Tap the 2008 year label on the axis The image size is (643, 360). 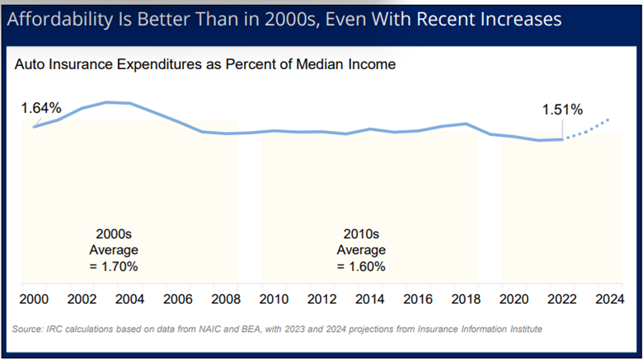[225, 298]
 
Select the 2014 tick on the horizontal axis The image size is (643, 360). [368, 298]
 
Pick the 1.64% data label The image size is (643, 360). [41, 108]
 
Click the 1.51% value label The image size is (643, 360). [562, 110]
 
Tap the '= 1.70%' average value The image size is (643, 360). [114, 266]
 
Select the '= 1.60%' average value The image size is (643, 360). [360, 266]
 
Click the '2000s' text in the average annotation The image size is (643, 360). [114, 233]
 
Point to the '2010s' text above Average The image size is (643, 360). [360, 233]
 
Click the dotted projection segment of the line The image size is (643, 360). [587, 130]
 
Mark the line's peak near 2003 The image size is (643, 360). [107, 102]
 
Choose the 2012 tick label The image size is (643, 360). [321, 298]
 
